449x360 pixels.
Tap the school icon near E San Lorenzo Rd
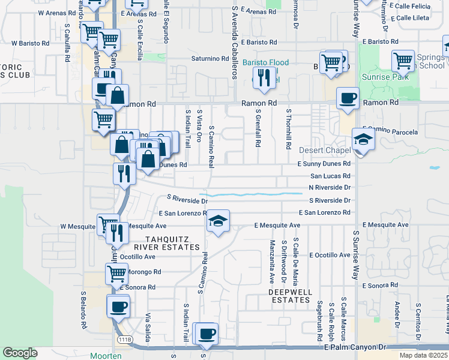[x=218, y=221]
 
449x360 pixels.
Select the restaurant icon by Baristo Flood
[x=264, y=77]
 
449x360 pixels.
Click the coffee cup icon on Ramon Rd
[x=348, y=98]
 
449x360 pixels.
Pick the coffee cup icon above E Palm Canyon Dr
[x=206, y=334]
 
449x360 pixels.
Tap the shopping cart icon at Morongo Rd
[x=117, y=274]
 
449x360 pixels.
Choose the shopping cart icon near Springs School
[x=403, y=61]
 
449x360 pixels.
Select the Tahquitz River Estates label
[x=163, y=243]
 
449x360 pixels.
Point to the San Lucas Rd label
[x=330, y=176]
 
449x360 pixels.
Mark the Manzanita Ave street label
[x=272, y=253]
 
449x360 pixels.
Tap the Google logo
[x=20, y=353]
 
